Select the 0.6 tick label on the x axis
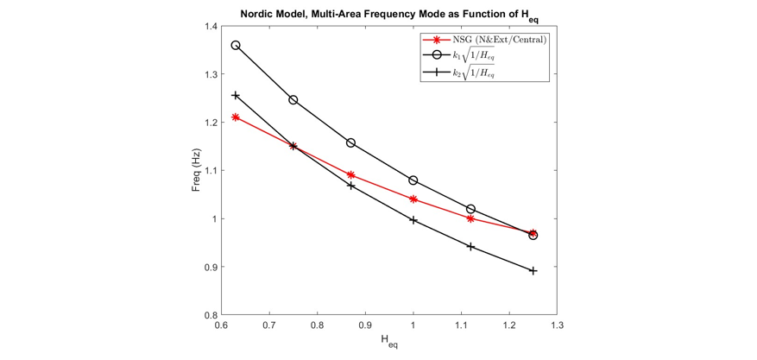(221, 327)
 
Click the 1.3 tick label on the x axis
(558, 327)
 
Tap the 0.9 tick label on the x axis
(365, 327)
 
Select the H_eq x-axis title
(388, 342)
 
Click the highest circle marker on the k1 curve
(236, 45)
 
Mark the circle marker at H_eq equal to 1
(413, 180)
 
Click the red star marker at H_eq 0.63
(236, 117)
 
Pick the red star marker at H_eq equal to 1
(413, 199)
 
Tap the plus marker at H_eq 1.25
(533, 271)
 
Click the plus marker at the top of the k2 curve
(236, 95)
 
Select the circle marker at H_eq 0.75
(293, 100)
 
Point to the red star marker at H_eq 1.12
(471, 218)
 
